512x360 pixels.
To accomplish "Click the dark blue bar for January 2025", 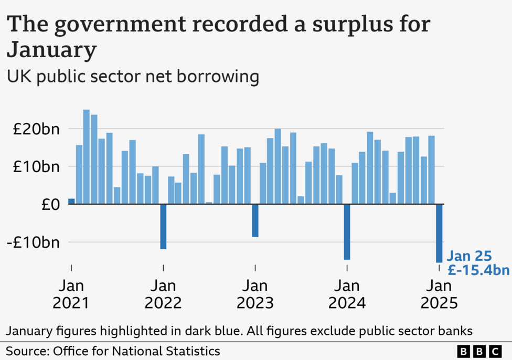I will coord(439,233).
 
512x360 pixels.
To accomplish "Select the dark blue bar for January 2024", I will coord(347,231).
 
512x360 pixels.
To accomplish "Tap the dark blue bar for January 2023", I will coord(255,220).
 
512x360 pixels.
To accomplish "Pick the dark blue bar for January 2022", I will coord(163,226).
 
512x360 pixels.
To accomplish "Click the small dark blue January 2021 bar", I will coord(71,202).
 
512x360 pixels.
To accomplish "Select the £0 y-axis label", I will coord(51,204).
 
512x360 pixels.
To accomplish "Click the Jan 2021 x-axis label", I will coord(71,294).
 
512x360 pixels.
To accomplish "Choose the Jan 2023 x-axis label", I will coord(255,294).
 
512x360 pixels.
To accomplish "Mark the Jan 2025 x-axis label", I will coord(439,294).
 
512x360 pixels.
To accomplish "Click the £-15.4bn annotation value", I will coord(478,270).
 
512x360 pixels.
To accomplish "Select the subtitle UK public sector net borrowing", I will coord(133,77).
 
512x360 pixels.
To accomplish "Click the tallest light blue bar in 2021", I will coord(87,157).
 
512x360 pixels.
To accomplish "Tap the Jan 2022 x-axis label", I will coord(163,294).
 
